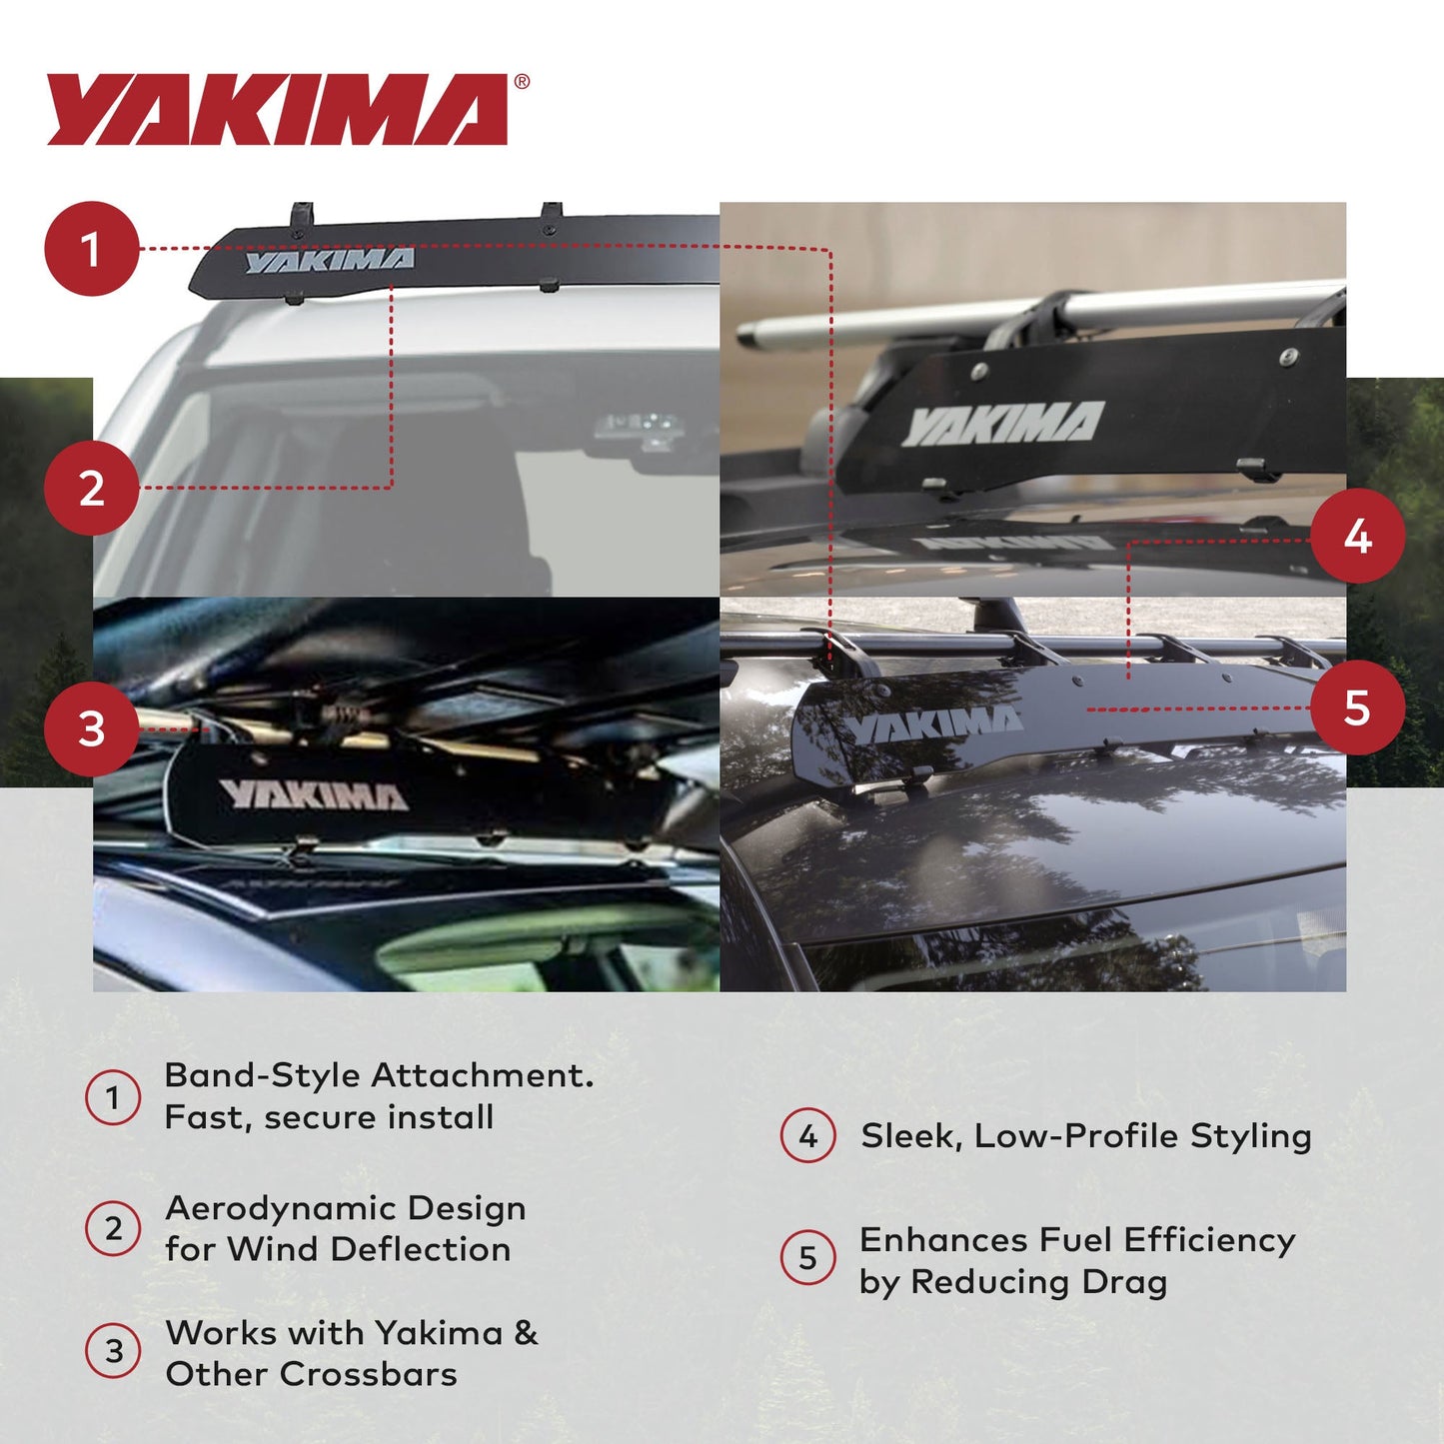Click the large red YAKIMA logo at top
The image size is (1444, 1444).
coord(278,110)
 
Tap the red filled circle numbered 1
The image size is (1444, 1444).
coord(91,249)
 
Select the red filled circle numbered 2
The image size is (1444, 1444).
coord(91,489)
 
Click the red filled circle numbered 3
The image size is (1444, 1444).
coord(91,728)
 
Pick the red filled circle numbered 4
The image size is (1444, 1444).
coord(1357,537)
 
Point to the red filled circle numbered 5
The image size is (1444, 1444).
coord(1357,708)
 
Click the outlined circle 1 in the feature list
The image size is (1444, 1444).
coord(113,1097)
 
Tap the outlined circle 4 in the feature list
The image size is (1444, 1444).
coord(807,1136)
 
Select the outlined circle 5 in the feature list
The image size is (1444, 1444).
coord(807,1258)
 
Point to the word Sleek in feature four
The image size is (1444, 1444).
coord(910,1136)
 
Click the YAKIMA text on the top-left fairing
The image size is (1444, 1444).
coord(330,261)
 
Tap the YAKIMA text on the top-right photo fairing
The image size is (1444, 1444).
coord(1002,424)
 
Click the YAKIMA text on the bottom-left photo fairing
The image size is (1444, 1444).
coord(314,795)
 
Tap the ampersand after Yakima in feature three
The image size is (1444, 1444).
coord(526,1333)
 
